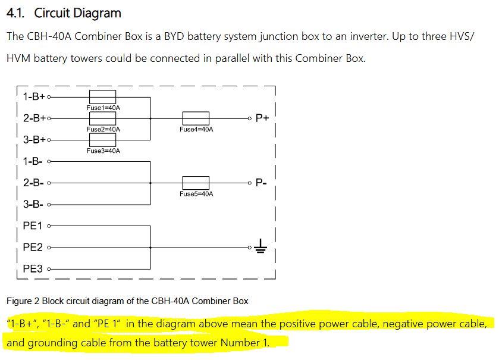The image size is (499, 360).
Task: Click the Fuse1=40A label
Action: click(103, 108)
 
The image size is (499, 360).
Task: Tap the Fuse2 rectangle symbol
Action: click(102, 118)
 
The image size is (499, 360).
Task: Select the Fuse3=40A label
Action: click(103, 151)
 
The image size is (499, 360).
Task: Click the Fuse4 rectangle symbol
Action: click(196, 118)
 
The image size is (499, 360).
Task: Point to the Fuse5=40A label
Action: click(196, 194)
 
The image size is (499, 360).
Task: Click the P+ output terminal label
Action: click(262, 118)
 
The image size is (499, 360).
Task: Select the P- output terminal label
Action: click(262, 183)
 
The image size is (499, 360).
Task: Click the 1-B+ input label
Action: click(34, 96)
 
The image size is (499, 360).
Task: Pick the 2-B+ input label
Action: click(34, 118)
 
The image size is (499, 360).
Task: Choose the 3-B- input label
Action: click(33, 204)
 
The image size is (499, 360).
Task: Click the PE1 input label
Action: click(33, 226)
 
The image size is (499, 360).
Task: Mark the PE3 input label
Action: click(33, 269)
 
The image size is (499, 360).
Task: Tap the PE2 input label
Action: click(33, 247)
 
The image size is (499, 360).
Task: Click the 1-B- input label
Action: click(33, 161)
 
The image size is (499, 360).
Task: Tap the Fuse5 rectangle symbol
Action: click(196, 183)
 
